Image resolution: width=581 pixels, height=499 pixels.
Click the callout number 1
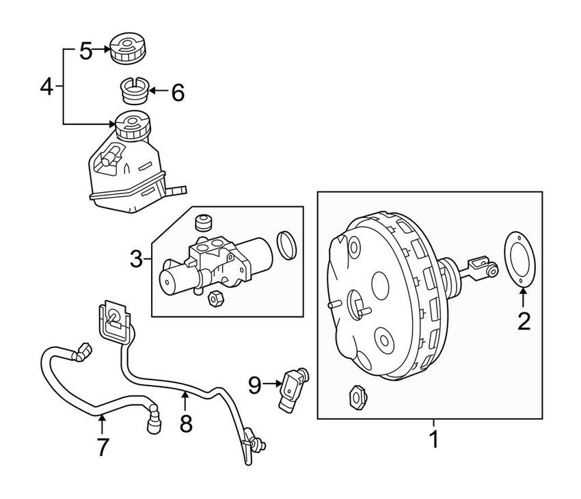point(433,438)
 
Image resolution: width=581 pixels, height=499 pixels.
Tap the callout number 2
point(523,320)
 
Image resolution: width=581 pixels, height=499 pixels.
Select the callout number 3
point(137,258)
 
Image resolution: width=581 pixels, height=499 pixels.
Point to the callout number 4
point(46,86)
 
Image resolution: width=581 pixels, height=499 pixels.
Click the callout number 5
point(85,50)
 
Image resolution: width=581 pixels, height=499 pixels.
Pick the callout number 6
point(177,92)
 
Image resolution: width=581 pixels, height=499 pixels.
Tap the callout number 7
point(102,446)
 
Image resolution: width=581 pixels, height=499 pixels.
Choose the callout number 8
point(186,423)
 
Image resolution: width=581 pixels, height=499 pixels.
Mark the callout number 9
point(254,386)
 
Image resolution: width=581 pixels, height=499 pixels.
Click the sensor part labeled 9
point(293,387)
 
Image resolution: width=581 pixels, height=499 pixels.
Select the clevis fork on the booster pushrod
point(481,267)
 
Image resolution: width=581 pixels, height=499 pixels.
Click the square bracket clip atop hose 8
point(115,320)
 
